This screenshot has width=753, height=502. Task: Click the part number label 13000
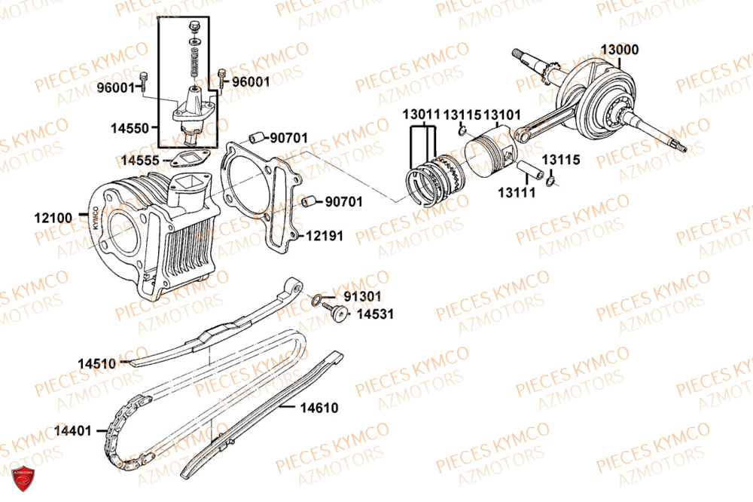[x=619, y=50]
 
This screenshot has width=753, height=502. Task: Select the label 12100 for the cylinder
[x=53, y=218]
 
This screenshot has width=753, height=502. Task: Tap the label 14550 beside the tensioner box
[x=133, y=128]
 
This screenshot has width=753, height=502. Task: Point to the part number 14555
[x=139, y=160]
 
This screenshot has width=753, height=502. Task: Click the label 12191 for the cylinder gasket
[x=325, y=236]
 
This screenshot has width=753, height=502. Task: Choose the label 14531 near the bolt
[x=375, y=314]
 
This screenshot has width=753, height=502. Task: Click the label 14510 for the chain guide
[x=96, y=363]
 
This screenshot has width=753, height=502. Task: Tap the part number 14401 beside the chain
[x=73, y=431]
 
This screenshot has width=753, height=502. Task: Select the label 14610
[x=319, y=408]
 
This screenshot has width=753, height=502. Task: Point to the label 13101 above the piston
[x=502, y=115]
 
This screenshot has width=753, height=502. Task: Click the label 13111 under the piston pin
[x=516, y=192]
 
